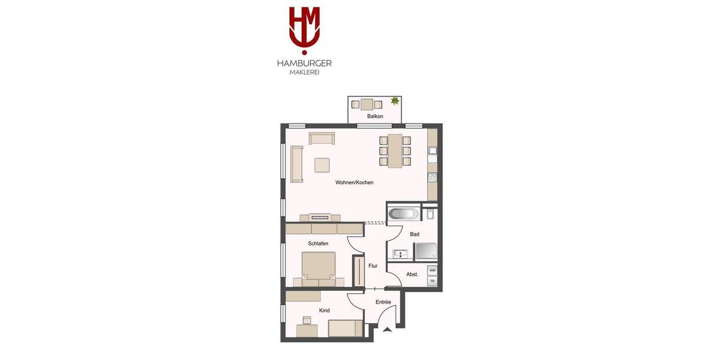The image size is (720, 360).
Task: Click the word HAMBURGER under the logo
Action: click(x=304, y=63)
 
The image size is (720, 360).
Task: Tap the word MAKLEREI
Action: click(x=304, y=73)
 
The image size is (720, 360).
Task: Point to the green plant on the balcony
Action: click(x=395, y=101)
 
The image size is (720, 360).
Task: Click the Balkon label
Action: click(x=375, y=116)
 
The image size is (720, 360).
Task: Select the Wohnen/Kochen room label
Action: click(x=354, y=182)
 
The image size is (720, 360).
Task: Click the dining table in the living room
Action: click(x=395, y=151)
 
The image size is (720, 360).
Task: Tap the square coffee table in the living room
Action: click(x=322, y=165)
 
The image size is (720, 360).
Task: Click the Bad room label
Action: click(x=415, y=234)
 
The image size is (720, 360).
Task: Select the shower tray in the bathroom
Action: click(x=426, y=251)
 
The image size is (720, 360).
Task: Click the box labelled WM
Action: click(x=432, y=271)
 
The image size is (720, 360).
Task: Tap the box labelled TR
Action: click(x=432, y=281)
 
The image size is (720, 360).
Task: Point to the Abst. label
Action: click(x=412, y=274)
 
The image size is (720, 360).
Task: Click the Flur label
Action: click(x=373, y=266)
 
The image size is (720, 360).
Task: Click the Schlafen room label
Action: click(x=318, y=244)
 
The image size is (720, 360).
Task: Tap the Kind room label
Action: click(x=324, y=310)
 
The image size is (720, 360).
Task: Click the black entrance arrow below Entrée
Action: click(x=387, y=329)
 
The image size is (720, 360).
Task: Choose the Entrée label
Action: click(x=383, y=302)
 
